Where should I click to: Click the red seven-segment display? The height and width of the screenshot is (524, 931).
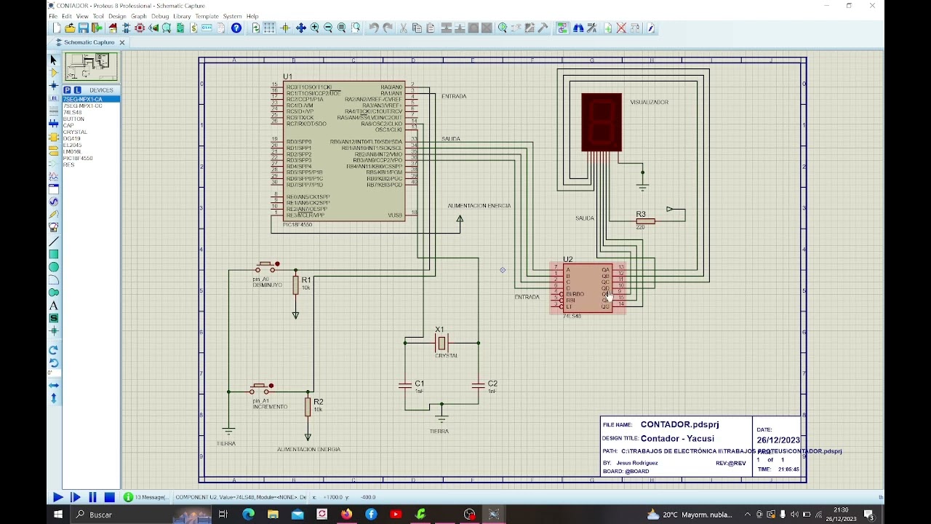[x=602, y=122]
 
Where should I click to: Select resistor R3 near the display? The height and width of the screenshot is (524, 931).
[x=644, y=221]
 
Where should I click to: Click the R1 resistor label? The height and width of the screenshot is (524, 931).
[x=306, y=279]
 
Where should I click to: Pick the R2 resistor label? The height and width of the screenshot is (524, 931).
[x=318, y=402]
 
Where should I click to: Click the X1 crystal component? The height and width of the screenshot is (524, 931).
[x=441, y=342]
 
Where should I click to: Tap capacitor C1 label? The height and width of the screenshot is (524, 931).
[x=419, y=384]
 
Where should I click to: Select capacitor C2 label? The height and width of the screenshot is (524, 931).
[x=492, y=384]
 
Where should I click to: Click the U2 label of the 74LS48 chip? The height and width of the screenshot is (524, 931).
[x=567, y=259]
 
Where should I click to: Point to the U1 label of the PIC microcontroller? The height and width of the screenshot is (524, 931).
[x=287, y=76]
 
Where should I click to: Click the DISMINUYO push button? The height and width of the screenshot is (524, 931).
[x=266, y=265]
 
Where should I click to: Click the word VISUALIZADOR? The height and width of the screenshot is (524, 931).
[x=649, y=103]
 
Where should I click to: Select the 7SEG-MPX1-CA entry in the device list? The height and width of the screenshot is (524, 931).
[x=83, y=99]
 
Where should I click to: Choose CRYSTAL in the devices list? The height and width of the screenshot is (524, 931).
[x=75, y=132]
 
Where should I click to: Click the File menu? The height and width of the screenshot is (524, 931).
[x=53, y=16]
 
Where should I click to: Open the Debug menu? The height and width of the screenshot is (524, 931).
[x=160, y=16]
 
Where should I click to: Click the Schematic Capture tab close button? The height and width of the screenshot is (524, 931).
[x=122, y=42]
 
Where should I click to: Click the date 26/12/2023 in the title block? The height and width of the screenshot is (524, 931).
[x=778, y=440]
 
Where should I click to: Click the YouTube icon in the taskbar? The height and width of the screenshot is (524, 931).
[x=396, y=515]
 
